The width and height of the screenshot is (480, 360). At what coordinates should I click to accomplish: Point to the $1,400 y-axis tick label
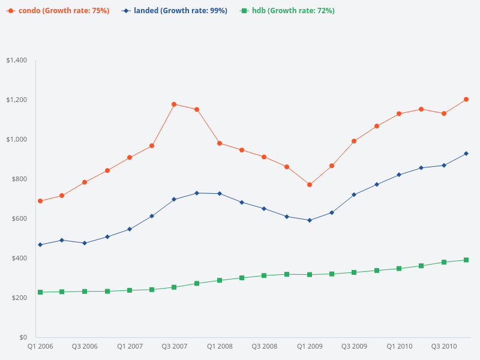pos(16,61)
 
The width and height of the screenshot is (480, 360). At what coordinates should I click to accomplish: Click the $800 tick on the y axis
pos(18,179)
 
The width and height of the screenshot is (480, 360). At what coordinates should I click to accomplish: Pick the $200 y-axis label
pos(18,298)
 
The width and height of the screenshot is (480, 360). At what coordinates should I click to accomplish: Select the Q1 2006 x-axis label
pos(40,347)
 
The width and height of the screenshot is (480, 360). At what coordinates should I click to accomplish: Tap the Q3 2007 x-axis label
pos(175,347)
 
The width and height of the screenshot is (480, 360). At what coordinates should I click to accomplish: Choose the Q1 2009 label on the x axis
pos(310,347)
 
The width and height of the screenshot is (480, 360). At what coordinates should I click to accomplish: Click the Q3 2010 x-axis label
pos(445,347)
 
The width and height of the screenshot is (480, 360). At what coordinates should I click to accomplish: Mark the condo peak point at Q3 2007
pos(174,104)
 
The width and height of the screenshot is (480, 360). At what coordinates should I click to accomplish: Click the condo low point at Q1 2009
pos(310,185)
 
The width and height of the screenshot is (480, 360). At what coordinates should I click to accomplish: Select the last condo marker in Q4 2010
pos(466,100)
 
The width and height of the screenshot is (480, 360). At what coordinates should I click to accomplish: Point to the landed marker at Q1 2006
pos(40,245)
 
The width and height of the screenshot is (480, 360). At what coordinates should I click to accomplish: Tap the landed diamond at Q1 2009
pos(310,220)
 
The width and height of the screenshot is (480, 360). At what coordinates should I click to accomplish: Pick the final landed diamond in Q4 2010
pos(466,154)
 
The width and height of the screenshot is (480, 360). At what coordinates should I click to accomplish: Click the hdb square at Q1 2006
pos(40,292)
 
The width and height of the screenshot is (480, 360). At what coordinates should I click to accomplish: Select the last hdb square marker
pos(466,260)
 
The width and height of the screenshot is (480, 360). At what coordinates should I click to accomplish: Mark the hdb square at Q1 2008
pos(220,280)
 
